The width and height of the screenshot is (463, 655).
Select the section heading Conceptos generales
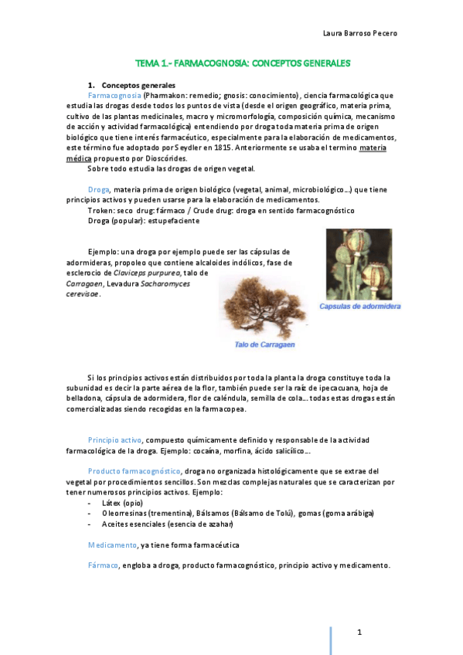[x=139, y=84]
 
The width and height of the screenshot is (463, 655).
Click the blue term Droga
[x=99, y=190]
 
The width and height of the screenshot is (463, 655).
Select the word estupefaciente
[x=175, y=220]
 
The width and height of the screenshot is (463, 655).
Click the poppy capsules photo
[x=358, y=263]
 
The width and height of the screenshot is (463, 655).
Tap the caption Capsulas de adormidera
[x=360, y=307]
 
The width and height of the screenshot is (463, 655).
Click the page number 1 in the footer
[x=359, y=633]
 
